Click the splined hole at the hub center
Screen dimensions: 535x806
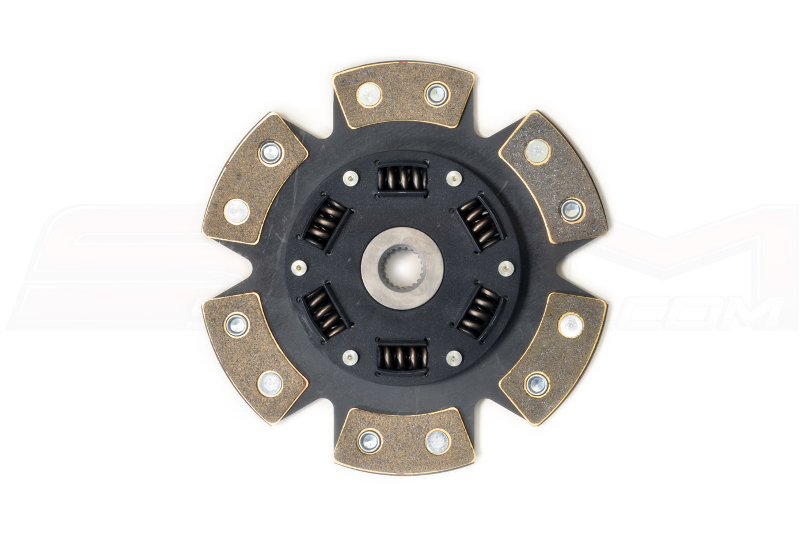tap(402, 267)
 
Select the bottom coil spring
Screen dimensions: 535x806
tap(402, 357)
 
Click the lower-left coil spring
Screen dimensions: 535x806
tap(324, 313)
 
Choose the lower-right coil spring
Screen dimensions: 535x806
tap(480, 312)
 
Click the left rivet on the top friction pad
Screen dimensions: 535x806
tap(368, 94)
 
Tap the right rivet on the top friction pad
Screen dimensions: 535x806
tap(437, 94)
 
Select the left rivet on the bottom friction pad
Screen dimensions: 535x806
tap(369, 441)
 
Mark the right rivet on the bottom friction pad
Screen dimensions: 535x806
tap(437, 441)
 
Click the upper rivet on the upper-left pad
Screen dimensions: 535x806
tap(269, 152)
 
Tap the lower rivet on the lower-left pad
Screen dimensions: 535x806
tap(269, 383)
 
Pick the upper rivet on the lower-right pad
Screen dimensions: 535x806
tap(570, 326)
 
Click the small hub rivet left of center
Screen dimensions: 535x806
tap(298, 267)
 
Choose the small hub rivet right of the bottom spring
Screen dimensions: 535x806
tap(454, 357)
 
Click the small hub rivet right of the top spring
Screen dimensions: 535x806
tap(454, 178)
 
